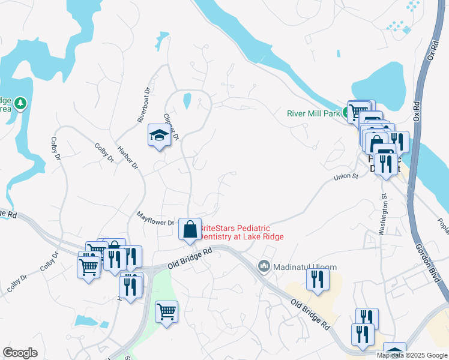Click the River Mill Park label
coord(313,112)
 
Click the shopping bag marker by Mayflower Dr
coord(190,229)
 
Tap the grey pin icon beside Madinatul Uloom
coord(264,266)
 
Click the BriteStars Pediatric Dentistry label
coord(241,232)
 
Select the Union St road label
coord(346,176)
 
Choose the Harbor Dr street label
coord(127,157)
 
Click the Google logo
coord(20,353)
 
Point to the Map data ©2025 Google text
coord(412,355)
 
